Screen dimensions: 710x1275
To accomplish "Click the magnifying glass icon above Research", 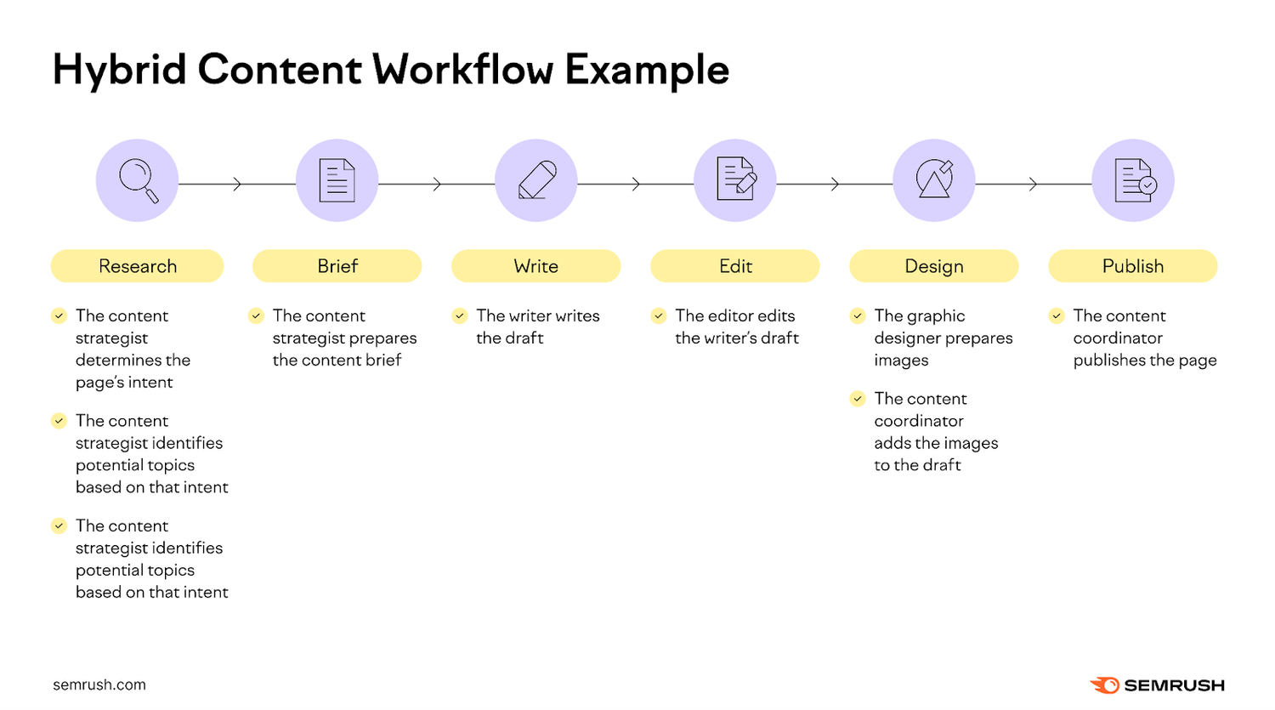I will [x=138, y=180].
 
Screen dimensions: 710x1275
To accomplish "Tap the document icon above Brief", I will [x=337, y=180].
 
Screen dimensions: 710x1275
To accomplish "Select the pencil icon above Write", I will [x=536, y=180].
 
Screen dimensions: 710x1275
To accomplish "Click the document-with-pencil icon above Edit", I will [x=735, y=180].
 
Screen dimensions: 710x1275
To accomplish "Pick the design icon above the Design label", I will [x=934, y=180].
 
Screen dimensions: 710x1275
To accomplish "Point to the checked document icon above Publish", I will [x=1133, y=180].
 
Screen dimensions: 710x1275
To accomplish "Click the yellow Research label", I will [x=138, y=266].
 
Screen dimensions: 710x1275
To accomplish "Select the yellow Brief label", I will [x=337, y=266].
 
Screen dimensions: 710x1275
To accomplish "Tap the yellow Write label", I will [x=536, y=266].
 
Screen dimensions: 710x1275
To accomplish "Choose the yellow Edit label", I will [x=735, y=266].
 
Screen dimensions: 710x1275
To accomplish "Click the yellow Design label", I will [x=934, y=266].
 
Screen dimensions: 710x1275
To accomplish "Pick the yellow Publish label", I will [x=1133, y=266].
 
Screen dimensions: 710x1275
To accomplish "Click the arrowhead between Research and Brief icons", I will [x=237, y=185].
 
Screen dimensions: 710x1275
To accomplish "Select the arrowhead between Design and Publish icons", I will [x=1033, y=185].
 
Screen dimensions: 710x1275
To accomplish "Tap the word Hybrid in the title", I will [x=119, y=70].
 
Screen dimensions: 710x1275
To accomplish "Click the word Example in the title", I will [x=647, y=70].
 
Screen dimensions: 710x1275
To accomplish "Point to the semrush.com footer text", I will [x=99, y=685].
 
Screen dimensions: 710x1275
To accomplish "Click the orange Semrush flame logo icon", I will [x=1104, y=685].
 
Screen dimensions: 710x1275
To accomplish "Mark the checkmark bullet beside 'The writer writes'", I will [x=460, y=316].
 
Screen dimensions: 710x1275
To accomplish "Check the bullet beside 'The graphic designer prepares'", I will [x=858, y=316].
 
